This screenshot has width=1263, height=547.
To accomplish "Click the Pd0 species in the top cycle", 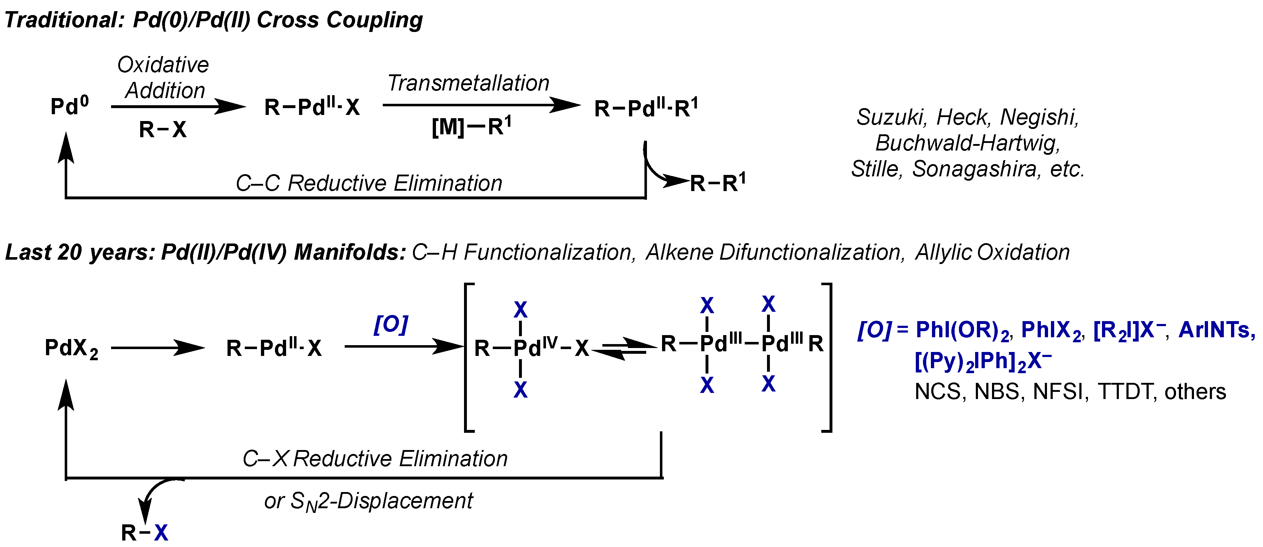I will click(69, 106).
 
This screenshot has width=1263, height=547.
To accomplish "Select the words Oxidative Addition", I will click(164, 78).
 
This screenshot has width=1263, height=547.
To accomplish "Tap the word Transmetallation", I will click(468, 83).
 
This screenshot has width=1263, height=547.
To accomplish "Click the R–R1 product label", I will click(717, 183).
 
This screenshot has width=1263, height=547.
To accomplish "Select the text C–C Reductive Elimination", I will click(369, 183).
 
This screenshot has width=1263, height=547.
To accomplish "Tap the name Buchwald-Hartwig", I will click(967, 143).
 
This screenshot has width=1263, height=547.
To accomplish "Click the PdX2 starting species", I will click(72, 348).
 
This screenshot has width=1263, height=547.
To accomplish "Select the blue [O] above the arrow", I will click(390, 324).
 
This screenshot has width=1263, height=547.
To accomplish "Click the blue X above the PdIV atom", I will click(520, 310).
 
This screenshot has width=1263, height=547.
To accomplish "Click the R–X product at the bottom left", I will click(144, 532).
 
